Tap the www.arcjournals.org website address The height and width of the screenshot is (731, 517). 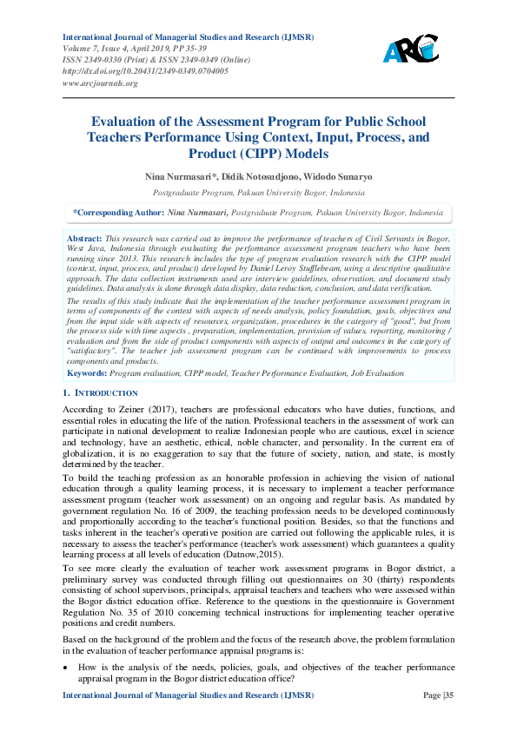click(100, 83)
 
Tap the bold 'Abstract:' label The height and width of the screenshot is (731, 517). click(85, 237)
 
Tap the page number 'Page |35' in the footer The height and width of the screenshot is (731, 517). click(437, 720)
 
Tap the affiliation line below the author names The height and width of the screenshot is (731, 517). click(258, 192)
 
